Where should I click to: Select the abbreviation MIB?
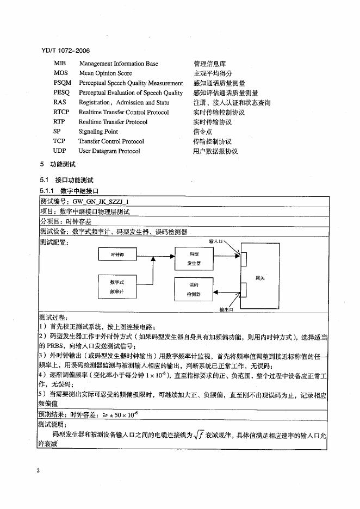[x=60, y=64]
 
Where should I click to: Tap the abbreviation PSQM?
[x=62, y=83]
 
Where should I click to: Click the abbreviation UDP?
[x=59, y=151]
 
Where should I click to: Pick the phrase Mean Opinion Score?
[x=105, y=73]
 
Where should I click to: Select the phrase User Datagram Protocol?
[x=109, y=151]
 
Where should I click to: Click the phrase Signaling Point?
[x=98, y=132]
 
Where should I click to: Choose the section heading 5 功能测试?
[x=58, y=164]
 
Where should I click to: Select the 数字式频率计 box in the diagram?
[x=117, y=287]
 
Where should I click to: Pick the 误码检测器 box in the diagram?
[x=194, y=289]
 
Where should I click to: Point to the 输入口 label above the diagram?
[x=216, y=240]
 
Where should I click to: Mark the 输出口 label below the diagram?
[x=226, y=309]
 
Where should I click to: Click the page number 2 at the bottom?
[x=38, y=470]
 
